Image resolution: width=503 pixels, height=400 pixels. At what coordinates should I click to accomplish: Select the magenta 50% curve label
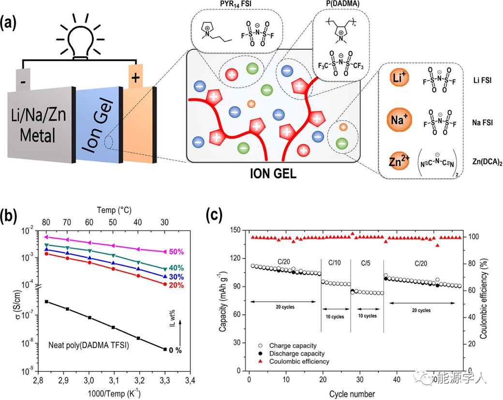click(177, 252)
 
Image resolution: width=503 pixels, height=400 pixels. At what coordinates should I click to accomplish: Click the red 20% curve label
click(177, 285)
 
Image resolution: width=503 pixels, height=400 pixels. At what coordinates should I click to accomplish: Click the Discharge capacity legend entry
click(297, 354)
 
